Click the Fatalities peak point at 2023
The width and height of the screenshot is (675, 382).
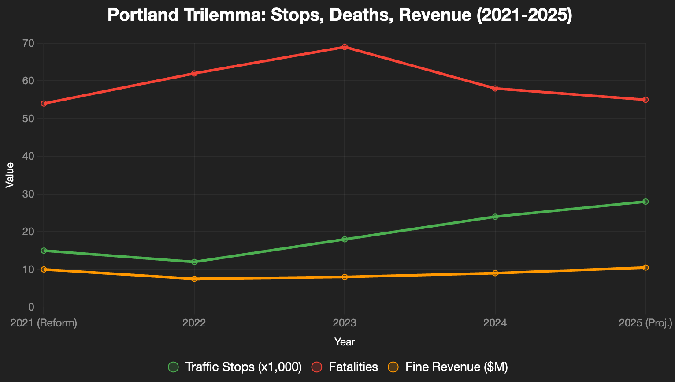click(x=345, y=47)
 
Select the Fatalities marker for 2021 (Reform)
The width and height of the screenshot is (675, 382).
click(x=44, y=104)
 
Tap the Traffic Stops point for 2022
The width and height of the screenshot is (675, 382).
click(x=194, y=262)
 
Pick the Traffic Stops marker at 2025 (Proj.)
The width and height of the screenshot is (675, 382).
click(x=645, y=202)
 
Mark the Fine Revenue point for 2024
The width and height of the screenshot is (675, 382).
click(x=495, y=273)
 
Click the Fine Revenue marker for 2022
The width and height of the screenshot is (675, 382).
click(x=194, y=279)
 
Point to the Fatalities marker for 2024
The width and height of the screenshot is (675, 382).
click(x=495, y=88)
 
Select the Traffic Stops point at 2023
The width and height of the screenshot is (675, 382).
click(x=345, y=239)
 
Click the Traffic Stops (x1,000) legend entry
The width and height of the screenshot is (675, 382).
click(x=235, y=367)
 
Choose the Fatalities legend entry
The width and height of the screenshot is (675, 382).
click(x=345, y=367)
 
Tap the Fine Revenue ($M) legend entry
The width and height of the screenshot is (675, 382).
click(x=448, y=367)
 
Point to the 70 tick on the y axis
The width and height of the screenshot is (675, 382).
click(x=28, y=44)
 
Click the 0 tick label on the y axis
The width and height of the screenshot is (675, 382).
click(x=31, y=307)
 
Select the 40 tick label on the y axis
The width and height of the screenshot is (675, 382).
click(x=28, y=156)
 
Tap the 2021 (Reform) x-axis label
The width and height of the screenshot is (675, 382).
click(x=44, y=323)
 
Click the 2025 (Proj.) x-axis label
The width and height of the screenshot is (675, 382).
click(x=645, y=323)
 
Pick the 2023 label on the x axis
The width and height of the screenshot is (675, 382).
click(x=345, y=323)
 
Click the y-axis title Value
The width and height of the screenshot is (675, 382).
click(x=10, y=175)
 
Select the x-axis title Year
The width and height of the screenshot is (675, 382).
click(x=345, y=342)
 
